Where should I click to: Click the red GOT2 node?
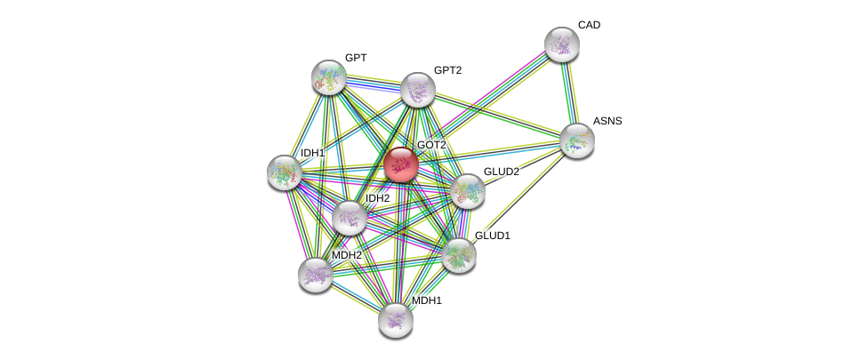(x=400, y=164)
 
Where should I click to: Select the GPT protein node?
(x=328, y=77)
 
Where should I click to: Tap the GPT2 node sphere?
(x=417, y=90)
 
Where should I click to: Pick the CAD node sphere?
(x=561, y=44)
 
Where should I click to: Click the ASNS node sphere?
(x=576, y=140)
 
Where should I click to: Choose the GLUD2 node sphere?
(x=467, y=191)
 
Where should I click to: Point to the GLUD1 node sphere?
(x=458, y=255)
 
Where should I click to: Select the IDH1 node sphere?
(x=285, y=172)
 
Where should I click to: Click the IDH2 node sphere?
(x=349, y=218)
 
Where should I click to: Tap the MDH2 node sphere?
(x=315, y=275)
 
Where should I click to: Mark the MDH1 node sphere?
(x=395, y=320)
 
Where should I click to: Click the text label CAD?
(x=589, y=25)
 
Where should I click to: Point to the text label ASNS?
(x=607, y=121)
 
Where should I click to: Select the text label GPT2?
(x=447, y=70)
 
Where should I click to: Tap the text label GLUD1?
(x=492, y=236)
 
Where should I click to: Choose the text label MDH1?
(x=426, y=300)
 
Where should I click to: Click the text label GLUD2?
(x=501, y=172)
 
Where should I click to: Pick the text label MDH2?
(x=346, y=255)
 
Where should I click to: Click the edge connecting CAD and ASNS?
(x=569, y=92)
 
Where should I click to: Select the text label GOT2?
(x=431, y=145)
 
